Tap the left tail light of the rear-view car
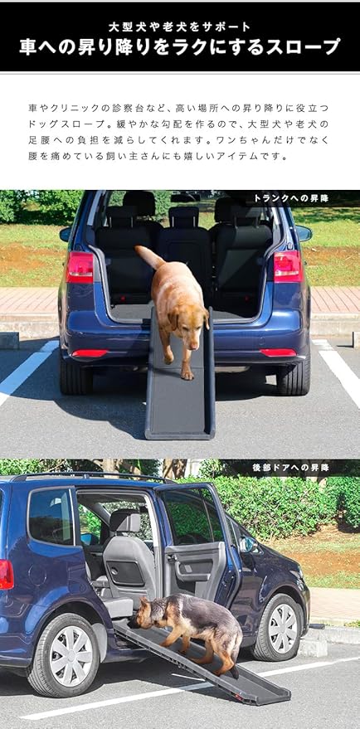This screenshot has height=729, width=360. [x=80, y=267]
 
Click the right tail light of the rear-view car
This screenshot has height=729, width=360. [x=287, y=266]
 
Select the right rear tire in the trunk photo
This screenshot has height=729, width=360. [x=294, y=376]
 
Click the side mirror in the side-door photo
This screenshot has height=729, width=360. [x=246, y=545]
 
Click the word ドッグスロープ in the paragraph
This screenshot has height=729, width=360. [x=61, y=124]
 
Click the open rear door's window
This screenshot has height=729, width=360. [x=188, y=517]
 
